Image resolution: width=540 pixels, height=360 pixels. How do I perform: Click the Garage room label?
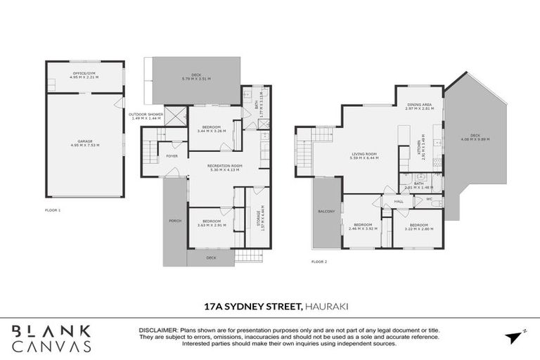tap(85, 143)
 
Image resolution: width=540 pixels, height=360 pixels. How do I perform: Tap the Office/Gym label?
tap(85, 75)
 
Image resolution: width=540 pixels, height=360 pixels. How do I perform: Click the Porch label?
tap(175, 221)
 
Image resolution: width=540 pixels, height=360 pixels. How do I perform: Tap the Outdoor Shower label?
tap(146, 115)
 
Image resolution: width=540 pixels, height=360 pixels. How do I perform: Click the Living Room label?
tap(364, 155)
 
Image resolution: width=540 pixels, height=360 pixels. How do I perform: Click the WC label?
tap(429, 199)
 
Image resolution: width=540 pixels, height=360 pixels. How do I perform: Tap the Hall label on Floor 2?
tap(398, 201)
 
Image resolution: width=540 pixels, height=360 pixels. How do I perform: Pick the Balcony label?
tap(326, 211)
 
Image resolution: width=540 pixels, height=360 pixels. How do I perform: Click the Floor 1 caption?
tap(53, 210)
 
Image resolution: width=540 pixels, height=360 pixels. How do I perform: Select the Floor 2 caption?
tap(319, 261)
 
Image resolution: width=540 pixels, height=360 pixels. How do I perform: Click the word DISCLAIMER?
tap(158, 328)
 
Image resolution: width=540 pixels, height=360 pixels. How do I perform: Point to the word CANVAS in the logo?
tap(51, 346)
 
